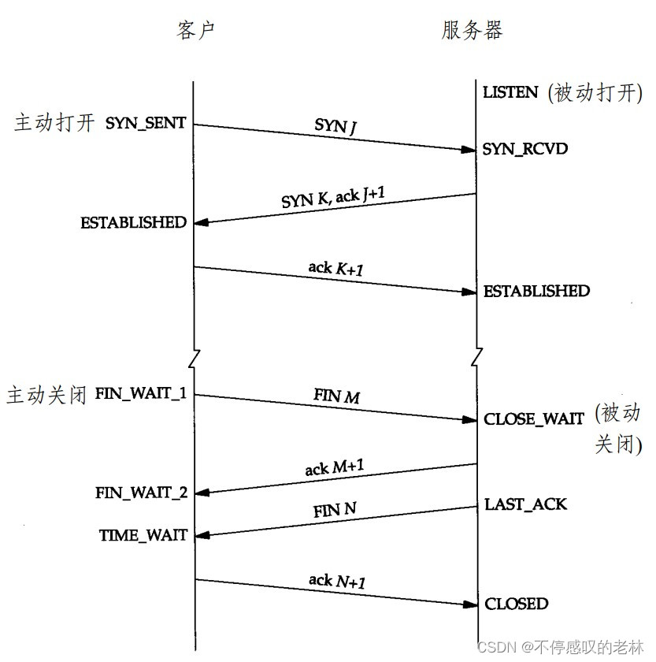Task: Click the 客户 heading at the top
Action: [x=195, y=30]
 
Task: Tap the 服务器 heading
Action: [x=472, y=30]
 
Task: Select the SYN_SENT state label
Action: [x=145, y=124]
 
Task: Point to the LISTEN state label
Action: [x=510, y=92]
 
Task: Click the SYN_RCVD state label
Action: [x=525, y=148]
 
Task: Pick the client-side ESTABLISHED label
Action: [x=133, y=223]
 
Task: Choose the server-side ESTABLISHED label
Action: [x=536, y=292]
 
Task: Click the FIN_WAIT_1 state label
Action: [x=140, y=392]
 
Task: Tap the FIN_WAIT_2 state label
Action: [x=142, y=493]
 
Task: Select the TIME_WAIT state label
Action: [x=143, y=535]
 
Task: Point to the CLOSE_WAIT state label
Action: [x=534, y=419]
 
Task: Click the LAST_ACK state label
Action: [x=525, y=504]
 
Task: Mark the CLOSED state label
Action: [x=516, y=604]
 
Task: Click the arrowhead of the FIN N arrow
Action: [x=201, y=535]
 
